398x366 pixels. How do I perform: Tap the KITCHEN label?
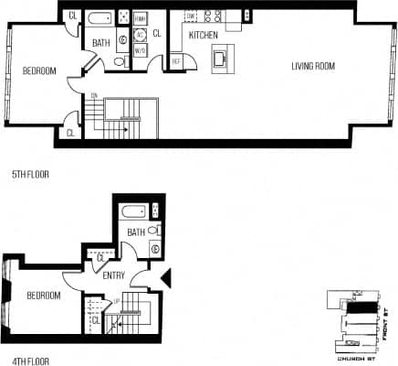click(x=203, y=35)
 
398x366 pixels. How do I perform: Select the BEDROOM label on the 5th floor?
click(x=38, y=71)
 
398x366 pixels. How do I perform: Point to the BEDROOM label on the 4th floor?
click(x=44, y=296)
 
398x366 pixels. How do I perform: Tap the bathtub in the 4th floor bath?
click(x=134, y=211)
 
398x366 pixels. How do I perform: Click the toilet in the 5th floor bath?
click(x=120, y=60)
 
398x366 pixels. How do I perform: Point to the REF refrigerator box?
click(x=176, y=61)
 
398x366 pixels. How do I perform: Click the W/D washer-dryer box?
click(x=141, y=52)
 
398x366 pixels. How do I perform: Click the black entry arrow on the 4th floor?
click(x=165, y=276)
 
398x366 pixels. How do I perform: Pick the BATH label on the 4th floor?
click(x=136, y=233)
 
